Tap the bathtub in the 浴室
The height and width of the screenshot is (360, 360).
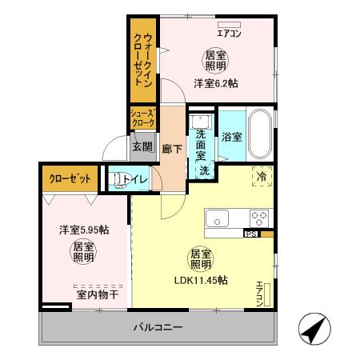tap(260, 135)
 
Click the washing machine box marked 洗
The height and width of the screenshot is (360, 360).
tap(204, 170)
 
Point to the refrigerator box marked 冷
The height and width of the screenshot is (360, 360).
tap(260, 176)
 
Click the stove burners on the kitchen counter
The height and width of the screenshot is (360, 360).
tap(259, 217)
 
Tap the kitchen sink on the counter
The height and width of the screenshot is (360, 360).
tap(218, 218)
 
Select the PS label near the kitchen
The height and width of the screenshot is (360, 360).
tap(250, 234)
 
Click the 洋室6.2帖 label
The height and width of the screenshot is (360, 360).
tap(216, 82)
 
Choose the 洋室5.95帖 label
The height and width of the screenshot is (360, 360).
tap(83, 230)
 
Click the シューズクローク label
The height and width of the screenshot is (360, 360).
tap(144, 119)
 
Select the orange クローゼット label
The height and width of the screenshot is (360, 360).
tap(69, 178)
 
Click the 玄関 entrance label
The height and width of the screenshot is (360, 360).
tap(142, 147)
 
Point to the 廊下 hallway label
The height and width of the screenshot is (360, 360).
tap(171, 148)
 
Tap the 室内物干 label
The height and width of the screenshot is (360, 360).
tap(98, 295)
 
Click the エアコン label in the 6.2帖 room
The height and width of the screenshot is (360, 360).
tap(229, 33)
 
